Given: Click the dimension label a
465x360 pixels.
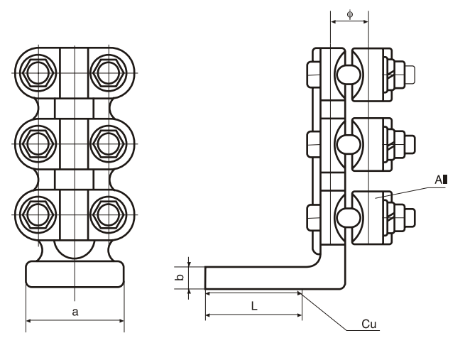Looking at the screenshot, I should coord(75,312).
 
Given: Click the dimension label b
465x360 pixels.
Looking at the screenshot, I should coord(181,277).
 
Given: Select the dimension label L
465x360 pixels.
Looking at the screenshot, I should coord(253,304).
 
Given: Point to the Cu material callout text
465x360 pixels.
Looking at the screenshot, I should coord(368,324).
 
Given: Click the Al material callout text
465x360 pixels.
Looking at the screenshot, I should coord(441,180).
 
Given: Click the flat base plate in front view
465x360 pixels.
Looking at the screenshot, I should coord(75,273).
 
